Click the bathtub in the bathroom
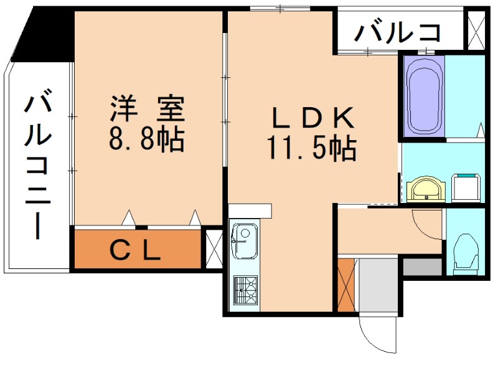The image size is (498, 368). pyautogui.click(x=424, y=97)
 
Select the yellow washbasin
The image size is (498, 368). pyautogui.click(x=426, y=189)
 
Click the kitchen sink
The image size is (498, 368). pyautogui.click(x=244, y=241)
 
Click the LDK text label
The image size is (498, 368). pyautogui.click(x=312, y=117)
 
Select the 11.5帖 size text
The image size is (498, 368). pyautogui.click(x=311, y=148)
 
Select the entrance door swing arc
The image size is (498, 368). pyautogui.click(x=375, y=342)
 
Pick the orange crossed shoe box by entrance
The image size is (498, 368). pyautogui.click(x=346, y=285)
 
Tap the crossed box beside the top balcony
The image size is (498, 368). pyautogui.click(x=476, y=30)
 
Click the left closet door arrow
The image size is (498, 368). pyautogui.click(x=128, y=218)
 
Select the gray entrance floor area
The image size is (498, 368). pyautogui.click(x=378, y=285)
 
